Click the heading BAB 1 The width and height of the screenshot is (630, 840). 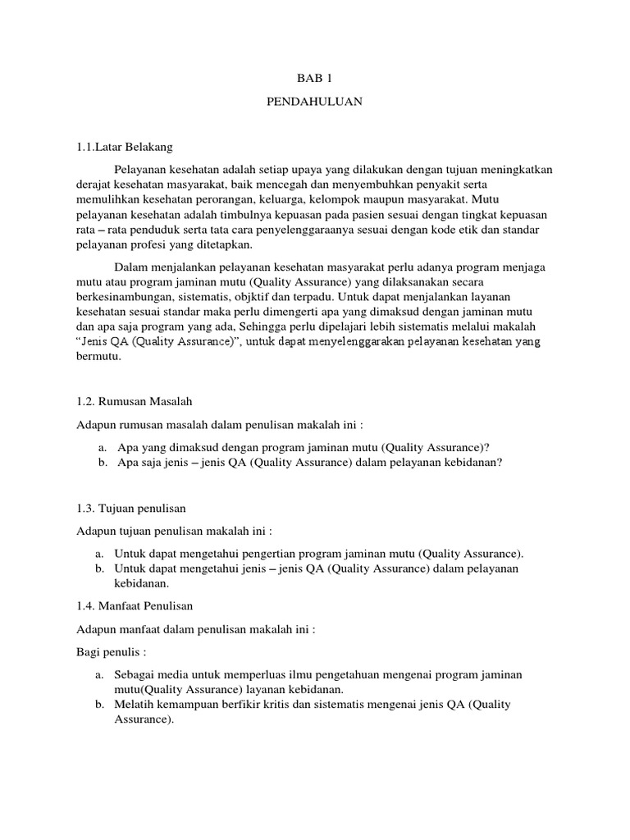tap(314, 79)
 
